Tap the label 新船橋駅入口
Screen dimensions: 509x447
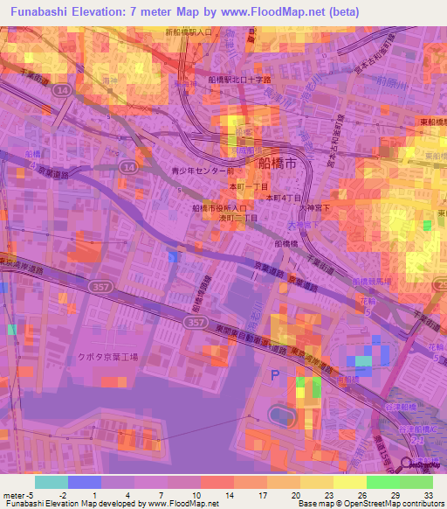point(189,32)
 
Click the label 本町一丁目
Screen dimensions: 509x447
point(249,187)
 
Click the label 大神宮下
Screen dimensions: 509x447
point(312,207)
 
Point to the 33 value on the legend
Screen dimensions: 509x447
point(428,496)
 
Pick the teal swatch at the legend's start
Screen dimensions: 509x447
point(51,482)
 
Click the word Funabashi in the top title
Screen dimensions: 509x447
point(39,12)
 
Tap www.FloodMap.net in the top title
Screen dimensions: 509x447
point(267,12)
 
